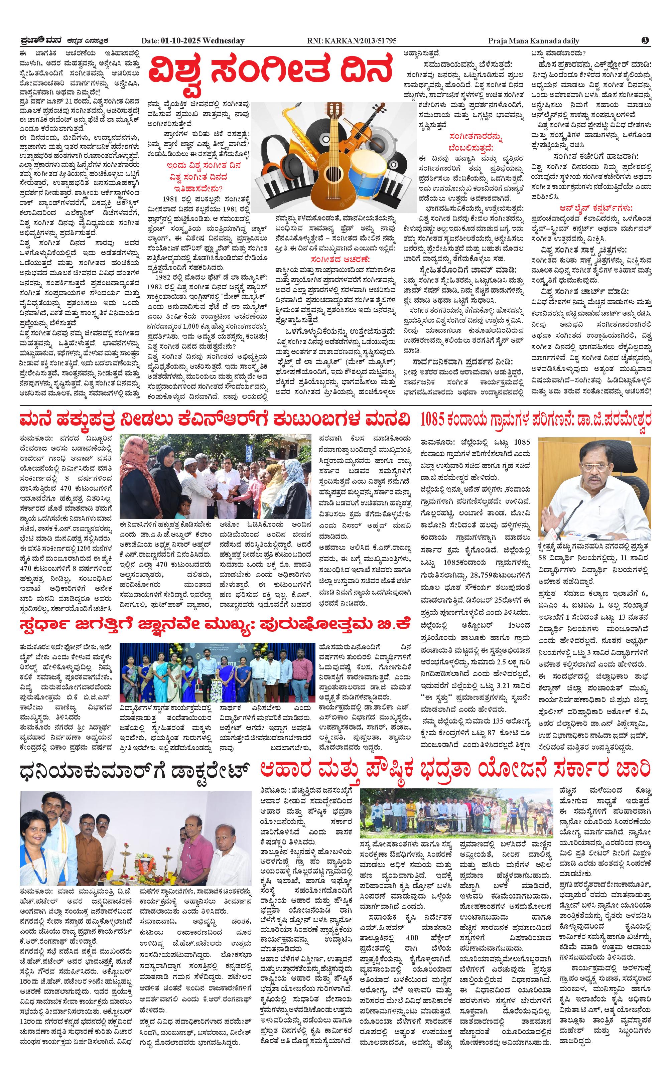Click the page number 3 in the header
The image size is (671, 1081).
tap(645, 40)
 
